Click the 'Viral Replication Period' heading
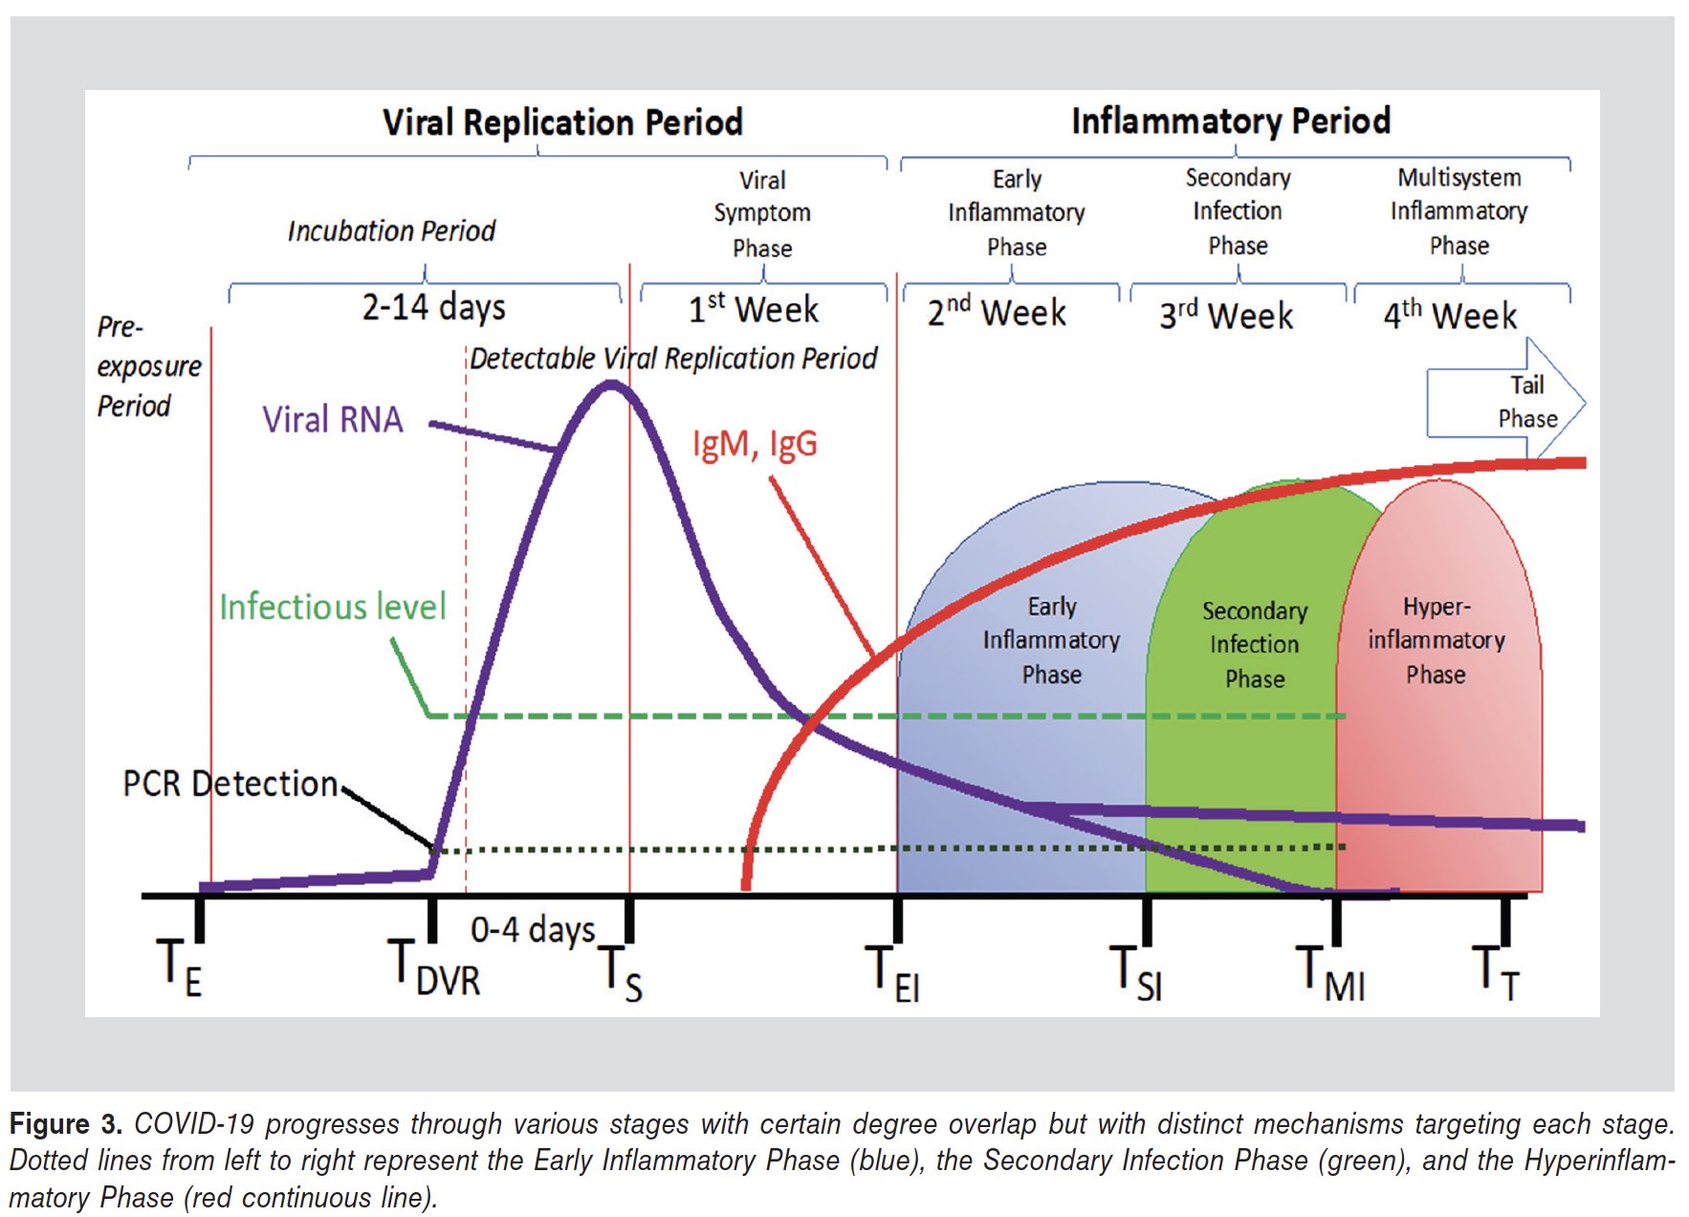click(562, 122)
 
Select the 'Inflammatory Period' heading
click(1230, 122)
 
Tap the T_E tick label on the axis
click(180, 966)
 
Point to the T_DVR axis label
click(433, 966)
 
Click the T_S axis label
click(620, 971)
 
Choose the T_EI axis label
click(891, 971)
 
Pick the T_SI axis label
click(1135, 971)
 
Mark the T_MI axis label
click(1329, 971)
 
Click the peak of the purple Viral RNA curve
click(612, 386)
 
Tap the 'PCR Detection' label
click(230, 784)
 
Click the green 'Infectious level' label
click(332, 607)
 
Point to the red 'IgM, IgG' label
click(755, 444)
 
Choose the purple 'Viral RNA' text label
click(333, 420)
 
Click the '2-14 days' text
click(433, 307)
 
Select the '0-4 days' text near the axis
click(532, 929)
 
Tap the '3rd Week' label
click(1226, 315)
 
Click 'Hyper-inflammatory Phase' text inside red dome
click(1436, 640)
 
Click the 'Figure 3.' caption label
click(65, 1123)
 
